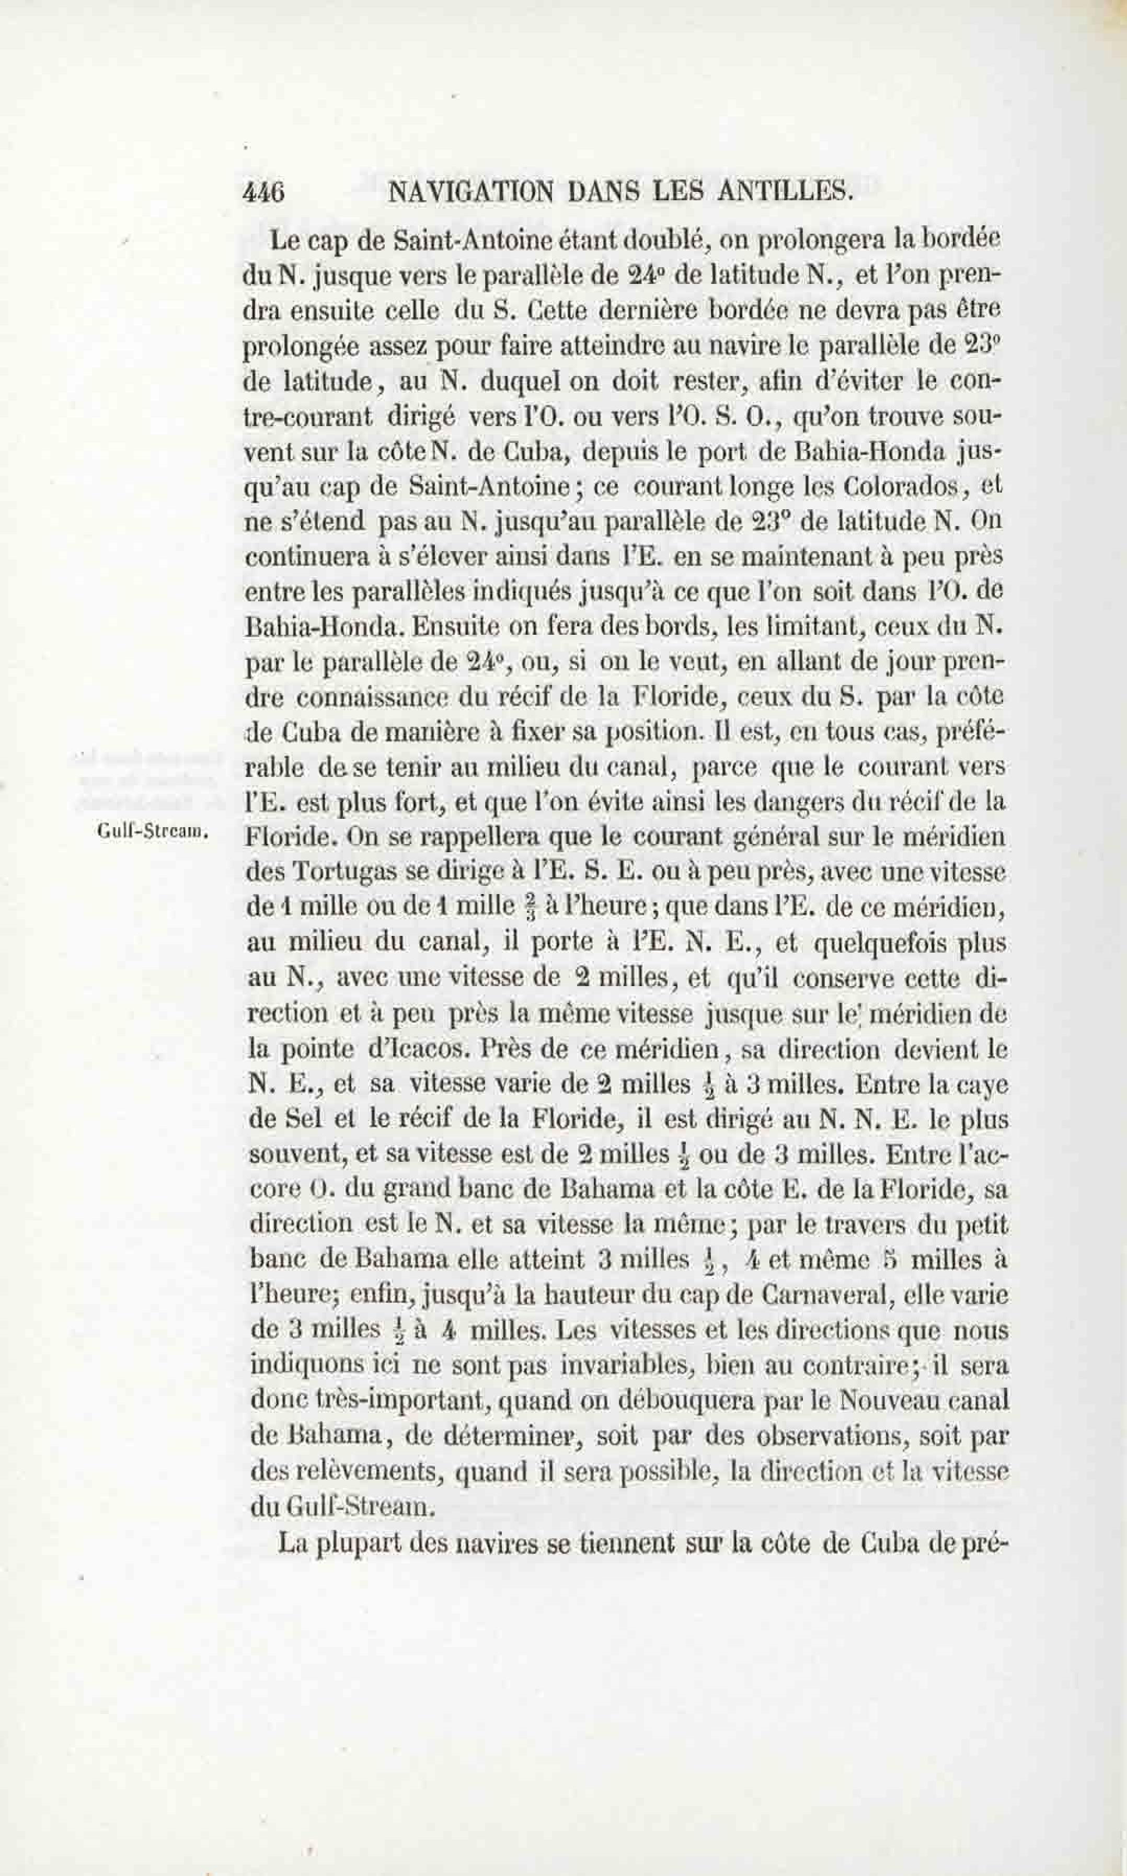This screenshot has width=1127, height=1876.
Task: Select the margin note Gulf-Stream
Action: (152, 832)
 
